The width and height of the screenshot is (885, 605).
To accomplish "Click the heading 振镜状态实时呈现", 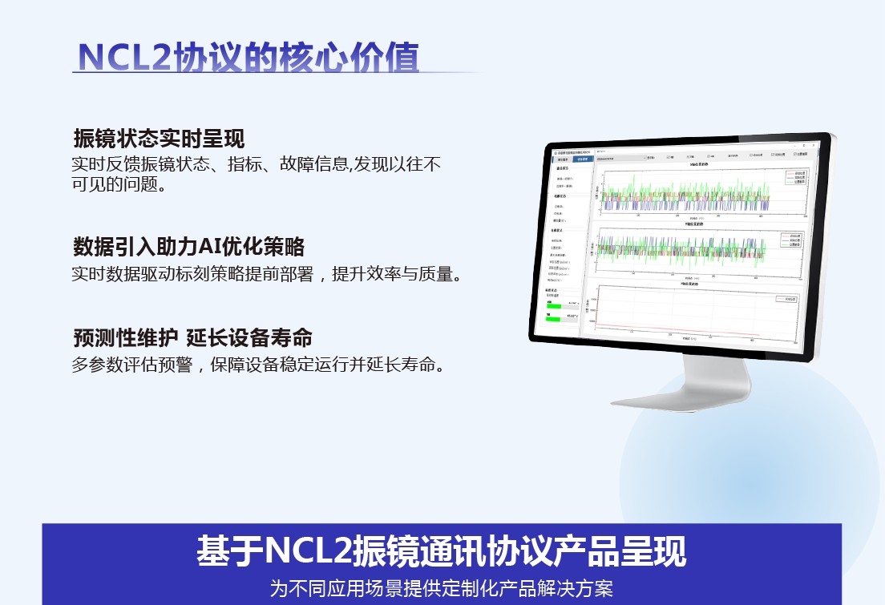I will [159, 139].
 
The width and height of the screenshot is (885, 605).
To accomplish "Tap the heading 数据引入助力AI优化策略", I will [189, 246].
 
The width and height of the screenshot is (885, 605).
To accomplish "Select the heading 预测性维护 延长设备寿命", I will [192, 337].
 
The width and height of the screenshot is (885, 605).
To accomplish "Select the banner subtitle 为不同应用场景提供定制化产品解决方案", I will [442, 589].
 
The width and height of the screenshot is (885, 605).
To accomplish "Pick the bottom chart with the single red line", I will [681, 312].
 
